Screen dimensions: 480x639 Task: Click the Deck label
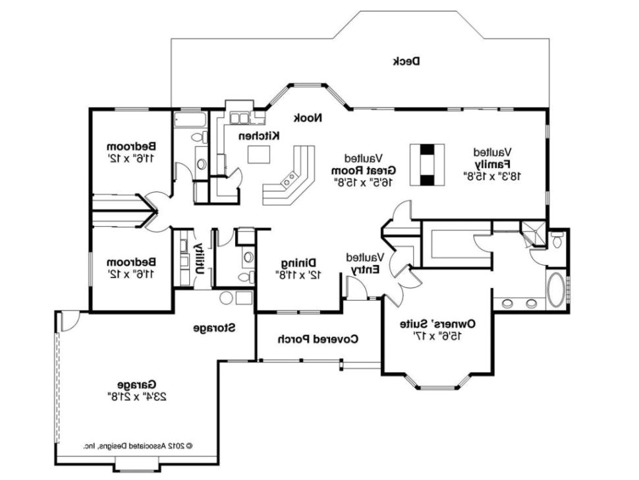(x=406, y=61)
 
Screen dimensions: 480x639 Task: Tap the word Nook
(x=308, y=118)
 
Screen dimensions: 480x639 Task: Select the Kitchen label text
(x=259, y=135)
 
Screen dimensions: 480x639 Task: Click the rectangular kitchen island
(x=259, y=154)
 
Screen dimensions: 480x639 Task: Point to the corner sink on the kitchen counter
(x=289, y=177)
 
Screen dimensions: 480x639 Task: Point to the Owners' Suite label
(x=437, y=324)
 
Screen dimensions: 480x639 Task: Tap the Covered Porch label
(x=317, y=340)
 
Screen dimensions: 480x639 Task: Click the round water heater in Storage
(x=227, y=298)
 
